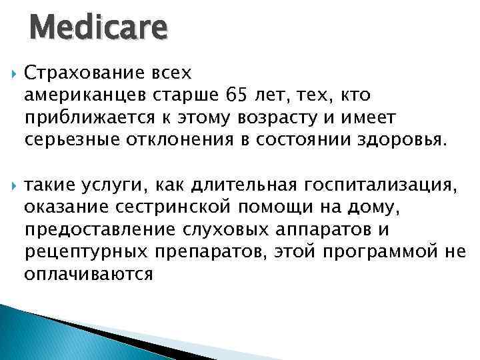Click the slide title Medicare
[x=98, y=29]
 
